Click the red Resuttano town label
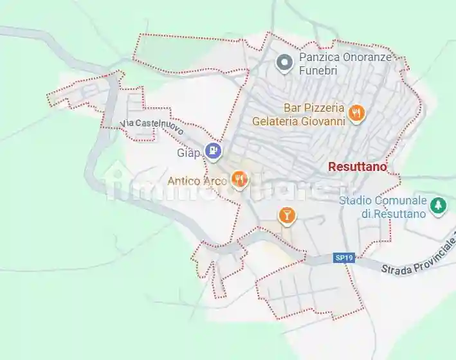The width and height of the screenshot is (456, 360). coord(358,166)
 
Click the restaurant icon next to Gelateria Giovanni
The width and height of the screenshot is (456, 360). coord(356,114)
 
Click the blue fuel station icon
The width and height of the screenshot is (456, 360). coord(213,151)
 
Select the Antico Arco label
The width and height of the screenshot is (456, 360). coord(197,181)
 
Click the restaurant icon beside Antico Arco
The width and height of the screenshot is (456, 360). coord(239,179)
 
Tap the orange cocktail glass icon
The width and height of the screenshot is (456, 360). coord(287,215)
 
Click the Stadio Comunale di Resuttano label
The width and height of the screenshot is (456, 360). coord(383,207)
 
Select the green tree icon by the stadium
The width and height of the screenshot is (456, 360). coord(439,205)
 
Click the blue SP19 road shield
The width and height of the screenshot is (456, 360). coord(343,258)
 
